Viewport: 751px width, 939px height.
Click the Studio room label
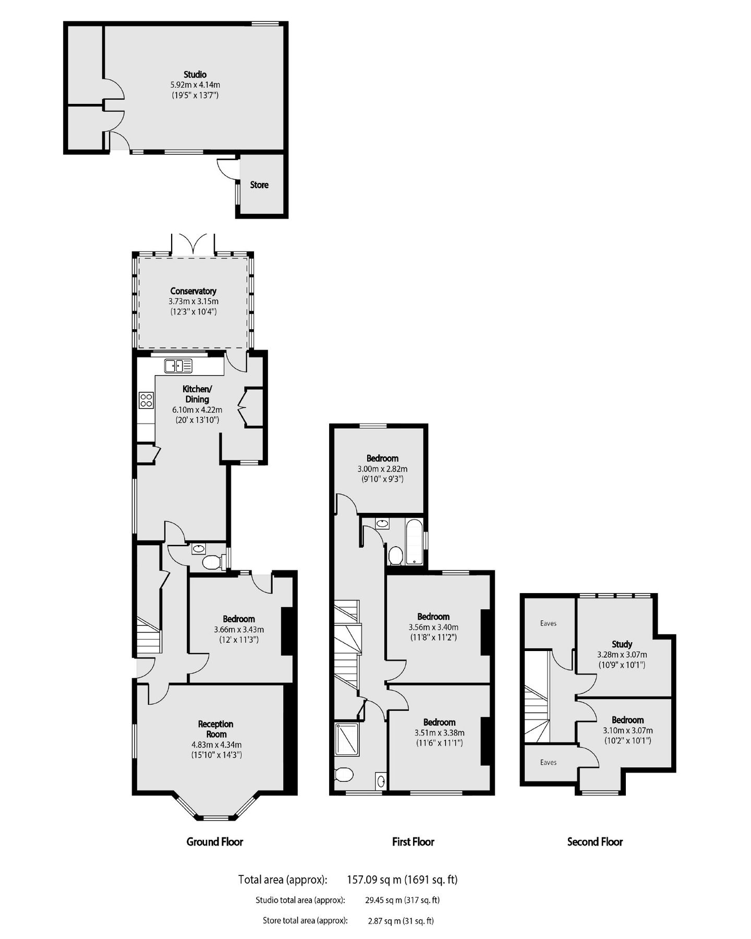195,75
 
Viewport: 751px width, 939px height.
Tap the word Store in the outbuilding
259,185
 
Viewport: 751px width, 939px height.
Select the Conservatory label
193,291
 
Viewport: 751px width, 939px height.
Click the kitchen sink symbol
178,366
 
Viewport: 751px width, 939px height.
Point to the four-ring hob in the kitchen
146,400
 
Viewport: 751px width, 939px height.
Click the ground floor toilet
211,562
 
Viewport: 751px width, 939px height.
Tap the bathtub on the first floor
414,543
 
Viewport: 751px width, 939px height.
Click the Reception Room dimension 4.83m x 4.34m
215,744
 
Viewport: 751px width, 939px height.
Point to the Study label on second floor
622,644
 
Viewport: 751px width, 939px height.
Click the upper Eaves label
548,623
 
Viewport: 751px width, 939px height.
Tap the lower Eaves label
548,762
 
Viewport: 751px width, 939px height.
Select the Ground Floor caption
215,841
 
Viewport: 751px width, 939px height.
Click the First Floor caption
413,841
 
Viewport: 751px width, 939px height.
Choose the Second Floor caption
595,841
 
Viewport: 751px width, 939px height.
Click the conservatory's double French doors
193,245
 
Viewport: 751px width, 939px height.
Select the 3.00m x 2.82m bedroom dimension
382,469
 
